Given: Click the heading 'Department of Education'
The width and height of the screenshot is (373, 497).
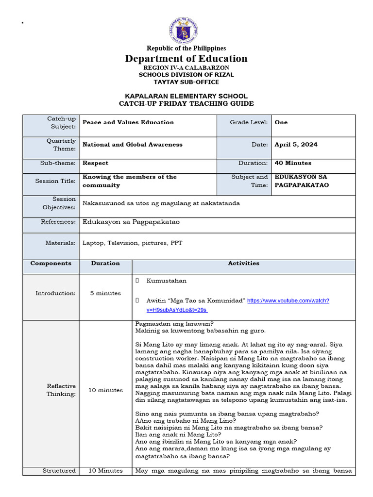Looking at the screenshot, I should tap(186, 59).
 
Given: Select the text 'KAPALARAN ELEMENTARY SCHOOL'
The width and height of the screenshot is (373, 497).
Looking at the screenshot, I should tap(186, 96).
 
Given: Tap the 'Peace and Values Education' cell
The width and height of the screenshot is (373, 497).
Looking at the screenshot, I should tap(128, 122).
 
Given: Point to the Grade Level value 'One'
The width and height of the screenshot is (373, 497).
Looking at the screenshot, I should tap(281, 122).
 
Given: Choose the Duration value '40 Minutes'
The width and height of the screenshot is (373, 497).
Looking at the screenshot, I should tap(293, 163).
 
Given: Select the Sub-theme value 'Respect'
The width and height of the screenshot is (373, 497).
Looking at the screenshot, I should tap(96, 163).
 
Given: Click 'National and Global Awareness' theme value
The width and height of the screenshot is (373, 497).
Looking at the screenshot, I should tap(133, 145).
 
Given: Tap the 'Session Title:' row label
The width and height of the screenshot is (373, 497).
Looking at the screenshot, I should tap(55, 181).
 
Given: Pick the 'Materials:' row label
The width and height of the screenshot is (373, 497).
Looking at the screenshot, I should tap(61, 243).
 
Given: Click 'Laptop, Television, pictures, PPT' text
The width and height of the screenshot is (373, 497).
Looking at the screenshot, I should tap(132, 243).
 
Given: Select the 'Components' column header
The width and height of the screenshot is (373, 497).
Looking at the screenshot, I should tap(51, 264).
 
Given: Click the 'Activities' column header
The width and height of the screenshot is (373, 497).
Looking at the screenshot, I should tap(243, 264).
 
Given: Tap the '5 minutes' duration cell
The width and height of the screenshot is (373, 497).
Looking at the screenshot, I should tap(105, 293).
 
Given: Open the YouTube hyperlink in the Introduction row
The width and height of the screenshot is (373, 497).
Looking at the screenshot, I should tap(288, 301).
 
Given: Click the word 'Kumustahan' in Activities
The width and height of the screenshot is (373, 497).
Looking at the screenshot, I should tap(166, 281).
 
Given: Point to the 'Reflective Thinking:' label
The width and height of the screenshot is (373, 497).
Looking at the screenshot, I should tap(61, 390).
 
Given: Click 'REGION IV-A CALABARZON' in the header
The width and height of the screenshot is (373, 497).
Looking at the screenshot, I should tap(186, 68).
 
